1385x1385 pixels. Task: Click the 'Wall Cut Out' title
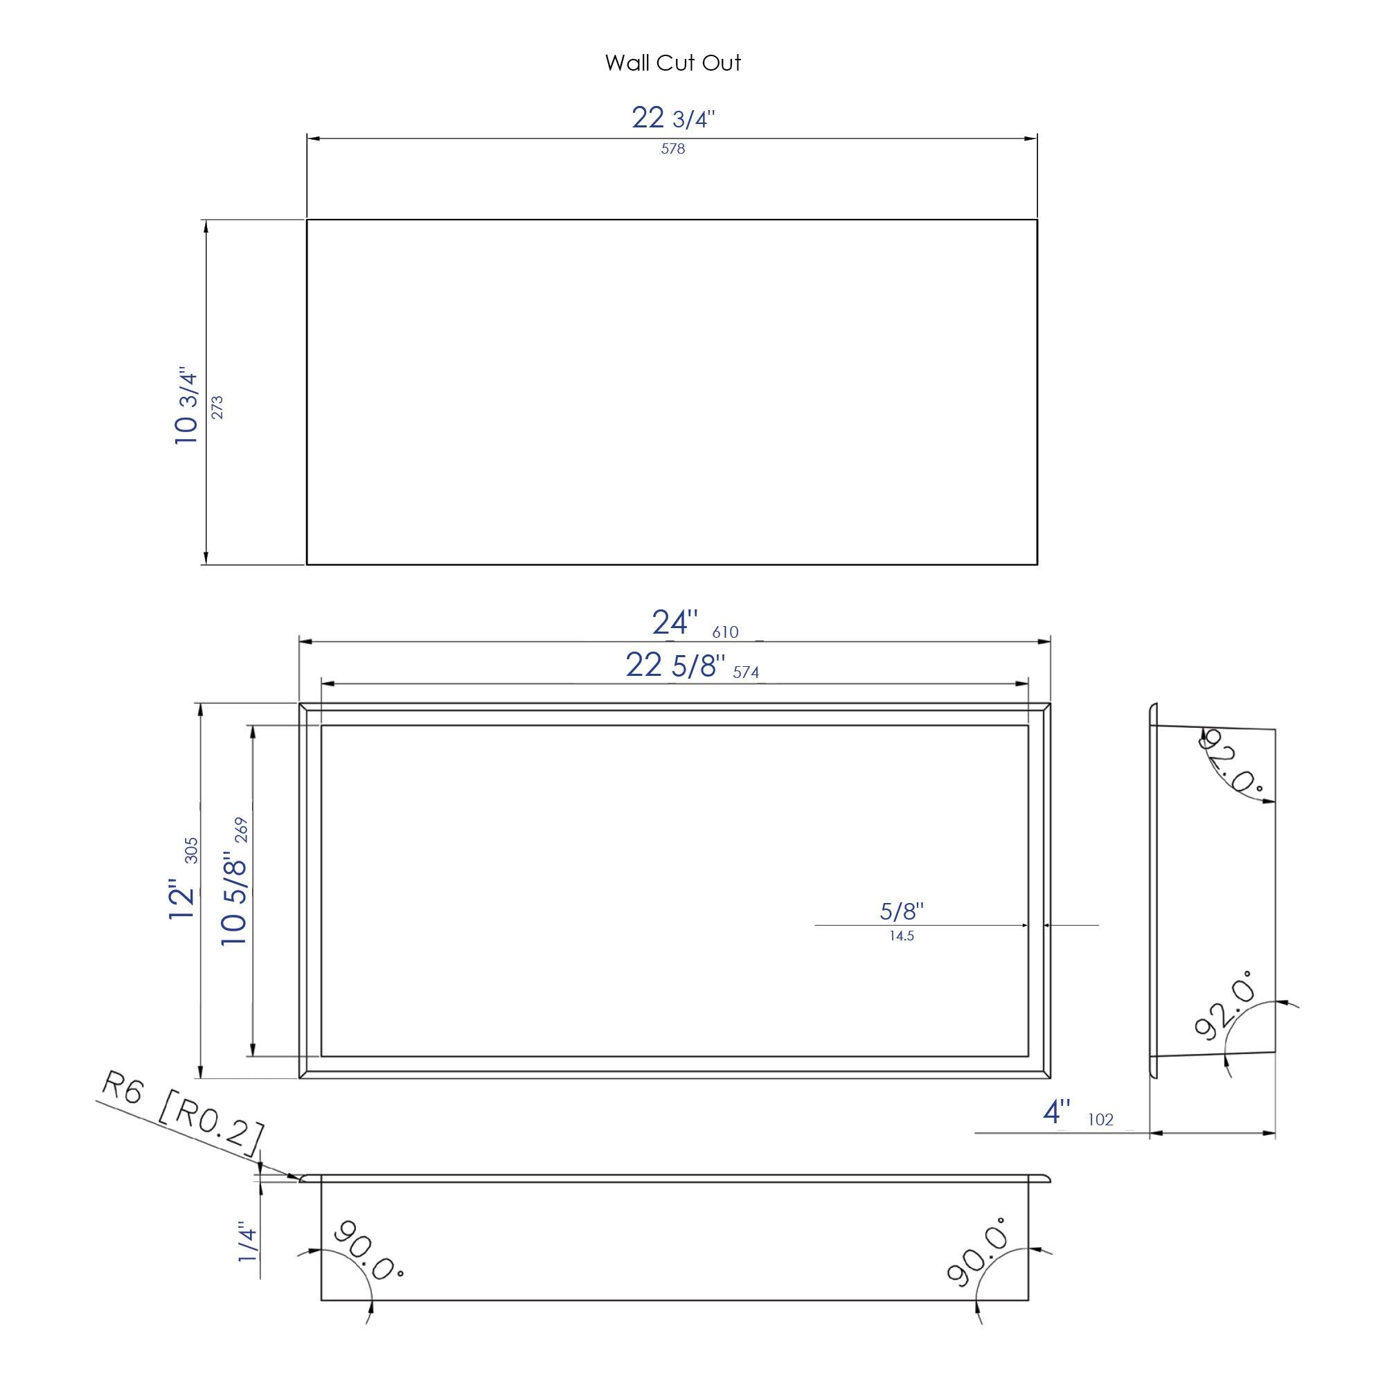tap(672, 63)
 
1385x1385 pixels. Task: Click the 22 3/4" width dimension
tap(672, 118)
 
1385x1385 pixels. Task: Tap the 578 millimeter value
tap(672, 149)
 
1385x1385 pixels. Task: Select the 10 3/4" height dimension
tap(186, 406)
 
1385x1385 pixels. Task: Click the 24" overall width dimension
tap(674, 623)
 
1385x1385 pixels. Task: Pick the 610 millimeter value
tap(725, 632)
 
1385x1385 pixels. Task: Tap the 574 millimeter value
tap(746, 672)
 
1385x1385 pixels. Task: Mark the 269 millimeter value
tap(241, 830)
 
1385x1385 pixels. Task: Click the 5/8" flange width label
tap(902, 911)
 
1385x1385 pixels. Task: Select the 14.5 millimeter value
tap(901, 936)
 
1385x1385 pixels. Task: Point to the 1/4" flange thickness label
tap(247, 1242)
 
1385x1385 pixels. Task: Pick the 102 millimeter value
tap(1100, 1120)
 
